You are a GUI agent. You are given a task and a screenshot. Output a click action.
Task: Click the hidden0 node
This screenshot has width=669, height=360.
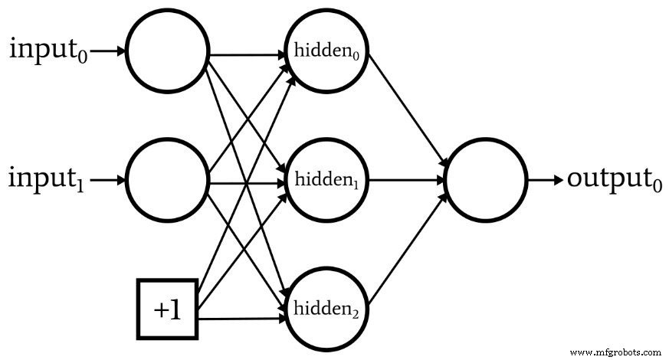[327, 52]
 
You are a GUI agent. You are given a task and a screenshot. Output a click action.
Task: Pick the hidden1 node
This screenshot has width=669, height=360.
[327, 182]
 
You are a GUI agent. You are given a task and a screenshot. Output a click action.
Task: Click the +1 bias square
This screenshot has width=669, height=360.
[167, 309]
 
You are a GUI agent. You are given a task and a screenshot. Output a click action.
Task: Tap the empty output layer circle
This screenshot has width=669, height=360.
[486, 182]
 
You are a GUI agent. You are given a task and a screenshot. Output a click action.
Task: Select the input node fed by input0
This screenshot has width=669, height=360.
[168, 52]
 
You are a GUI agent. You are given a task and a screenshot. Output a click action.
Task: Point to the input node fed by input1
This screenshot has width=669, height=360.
[168, 182]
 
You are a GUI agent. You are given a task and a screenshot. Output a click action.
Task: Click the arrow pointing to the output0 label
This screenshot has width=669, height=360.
[545, 182]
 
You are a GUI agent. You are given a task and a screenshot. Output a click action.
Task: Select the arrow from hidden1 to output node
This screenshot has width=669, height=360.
[406, 182]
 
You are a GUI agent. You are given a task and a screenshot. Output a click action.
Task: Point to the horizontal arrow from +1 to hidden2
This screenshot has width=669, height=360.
[241, 317]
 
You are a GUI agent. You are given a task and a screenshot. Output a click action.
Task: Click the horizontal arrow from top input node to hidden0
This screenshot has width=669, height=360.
[245, 55]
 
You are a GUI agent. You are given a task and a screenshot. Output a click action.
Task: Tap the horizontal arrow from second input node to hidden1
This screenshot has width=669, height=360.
[245, 184]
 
